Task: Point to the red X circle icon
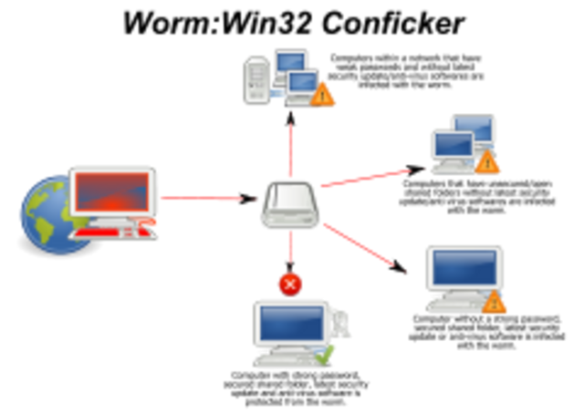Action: (290, 284)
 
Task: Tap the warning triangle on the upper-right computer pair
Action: (488, 163)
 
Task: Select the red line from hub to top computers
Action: (290, 146)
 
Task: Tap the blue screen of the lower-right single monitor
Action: (464, 266)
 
